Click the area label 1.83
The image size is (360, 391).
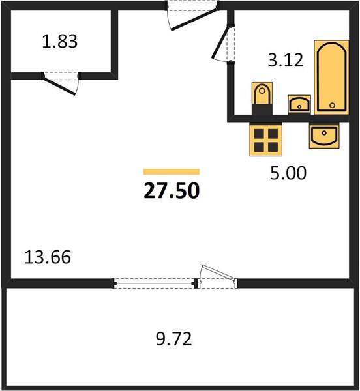pyautogui.click(x=59, y=41)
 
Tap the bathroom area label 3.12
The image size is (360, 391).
pyautogui.click(x=286, y=60)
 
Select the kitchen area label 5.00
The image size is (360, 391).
pyautogui.click(x=288, y=173)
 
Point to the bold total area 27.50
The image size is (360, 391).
pyautogui.click(x=172, y=190)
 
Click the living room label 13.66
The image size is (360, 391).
pyautogui.click(x=48, y=257)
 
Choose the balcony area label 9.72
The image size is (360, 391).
pyautogui.click(x=174, y=339)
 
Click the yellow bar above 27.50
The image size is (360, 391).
pyautogui.click(x=172, y=172)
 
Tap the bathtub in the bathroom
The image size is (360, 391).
pyautogui.click(x=331, y=78)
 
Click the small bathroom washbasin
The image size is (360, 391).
pyautogui.click(x=299, y=104)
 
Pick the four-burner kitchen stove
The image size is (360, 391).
pyautogui.click(x=266, y=140)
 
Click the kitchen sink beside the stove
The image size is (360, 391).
pyautogui.click(x=324, y=136)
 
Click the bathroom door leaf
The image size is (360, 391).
pyautogui.click(x=220, y=42)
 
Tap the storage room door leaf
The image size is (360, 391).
pyautogui.click(x=59, y=86)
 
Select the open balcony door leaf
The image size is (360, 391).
pyautogui.click(x=218, y=273)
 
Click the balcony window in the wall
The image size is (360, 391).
pyautogui.click(x=155, y=283)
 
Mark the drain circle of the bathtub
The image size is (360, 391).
pyautogui.click(x=332, y=105)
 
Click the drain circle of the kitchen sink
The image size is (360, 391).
pyautogui.click(x=324, y=133)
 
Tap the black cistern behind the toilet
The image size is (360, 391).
pyautogui.click(x=262, y=109)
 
